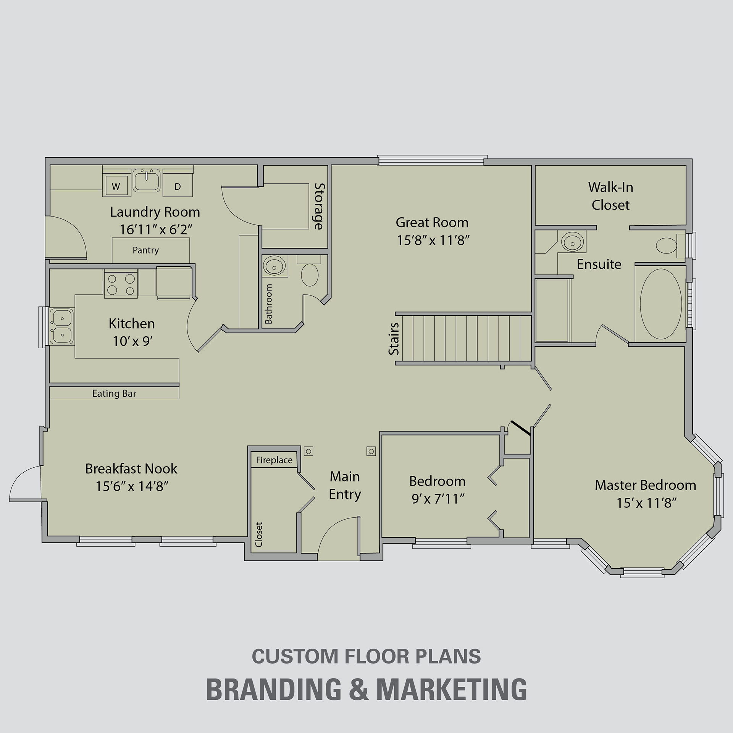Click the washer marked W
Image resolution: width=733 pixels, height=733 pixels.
(116, 186)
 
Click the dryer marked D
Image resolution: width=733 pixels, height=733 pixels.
(178, 186)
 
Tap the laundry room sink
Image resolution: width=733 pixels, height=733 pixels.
(146, 181)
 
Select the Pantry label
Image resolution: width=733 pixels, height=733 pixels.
(145, 250)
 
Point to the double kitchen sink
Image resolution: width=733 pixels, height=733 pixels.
(61, 326)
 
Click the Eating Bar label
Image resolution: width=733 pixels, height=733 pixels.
(114, 393)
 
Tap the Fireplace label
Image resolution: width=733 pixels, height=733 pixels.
(274, 460)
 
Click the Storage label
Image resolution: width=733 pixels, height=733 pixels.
(319, 206)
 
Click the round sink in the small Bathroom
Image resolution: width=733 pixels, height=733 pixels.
(274, 266)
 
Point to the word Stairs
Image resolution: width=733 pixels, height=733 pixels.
(394, 339)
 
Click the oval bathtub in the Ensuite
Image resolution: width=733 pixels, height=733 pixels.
(661, 304)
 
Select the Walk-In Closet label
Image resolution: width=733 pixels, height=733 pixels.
(610, 196)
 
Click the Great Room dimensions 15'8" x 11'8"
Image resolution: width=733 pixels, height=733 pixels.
(433, 240)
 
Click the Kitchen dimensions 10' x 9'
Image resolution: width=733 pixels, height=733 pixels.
(132, 341)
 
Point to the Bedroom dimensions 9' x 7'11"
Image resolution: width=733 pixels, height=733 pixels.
(438, 499)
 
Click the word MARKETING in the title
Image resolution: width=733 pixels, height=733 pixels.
(452, 689)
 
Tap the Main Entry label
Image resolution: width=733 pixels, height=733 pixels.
(345, 485)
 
